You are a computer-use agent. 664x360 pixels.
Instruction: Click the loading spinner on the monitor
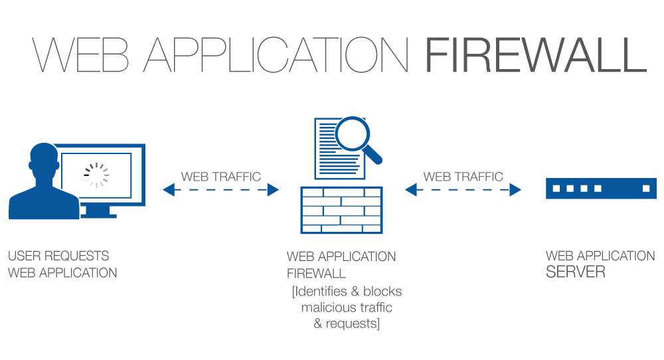pyautogui.click(x=96, y=175)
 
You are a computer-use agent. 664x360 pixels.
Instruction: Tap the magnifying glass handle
pyautogui.click(x=374, y=156)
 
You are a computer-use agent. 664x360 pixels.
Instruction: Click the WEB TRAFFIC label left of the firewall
pyautogui.click(x=221, y=177)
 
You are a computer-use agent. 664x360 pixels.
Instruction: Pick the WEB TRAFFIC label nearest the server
pyautogui.click(x=463, y=177)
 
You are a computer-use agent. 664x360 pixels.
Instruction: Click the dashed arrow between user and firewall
pyautogui.click(x=221, y=191)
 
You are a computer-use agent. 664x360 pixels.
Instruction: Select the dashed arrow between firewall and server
pyautogui.click(x=463, y=191)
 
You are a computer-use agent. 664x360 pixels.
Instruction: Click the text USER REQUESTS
pyautogui.click(x=58, y=256)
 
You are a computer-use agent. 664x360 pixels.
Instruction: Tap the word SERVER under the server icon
pyautogui.click(x=576, y=272)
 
